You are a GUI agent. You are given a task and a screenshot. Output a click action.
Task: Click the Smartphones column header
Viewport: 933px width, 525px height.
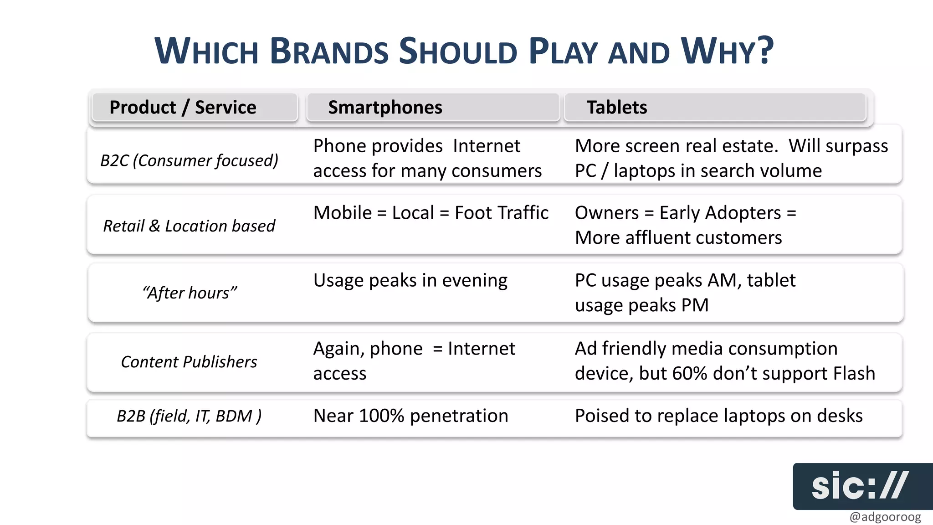385,108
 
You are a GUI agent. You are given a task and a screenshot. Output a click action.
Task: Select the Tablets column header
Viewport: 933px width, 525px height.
616,108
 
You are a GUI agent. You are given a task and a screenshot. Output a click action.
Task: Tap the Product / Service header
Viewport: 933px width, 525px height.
183,108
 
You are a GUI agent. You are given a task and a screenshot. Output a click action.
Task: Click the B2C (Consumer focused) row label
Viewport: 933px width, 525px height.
189,160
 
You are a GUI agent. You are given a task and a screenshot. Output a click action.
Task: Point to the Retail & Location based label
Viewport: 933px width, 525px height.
189,226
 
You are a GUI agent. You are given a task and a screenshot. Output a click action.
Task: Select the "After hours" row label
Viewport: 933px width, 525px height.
190,293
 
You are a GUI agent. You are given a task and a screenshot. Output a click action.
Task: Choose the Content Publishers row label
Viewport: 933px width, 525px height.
189,362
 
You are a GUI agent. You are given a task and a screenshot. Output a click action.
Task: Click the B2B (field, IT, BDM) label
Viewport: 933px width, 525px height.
189,416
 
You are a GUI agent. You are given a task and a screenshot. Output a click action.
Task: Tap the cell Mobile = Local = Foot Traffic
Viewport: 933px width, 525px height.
431,213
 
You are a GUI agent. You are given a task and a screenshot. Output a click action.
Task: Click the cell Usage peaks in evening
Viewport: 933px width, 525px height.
410,280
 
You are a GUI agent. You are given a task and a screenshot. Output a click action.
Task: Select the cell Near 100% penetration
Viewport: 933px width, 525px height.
410,416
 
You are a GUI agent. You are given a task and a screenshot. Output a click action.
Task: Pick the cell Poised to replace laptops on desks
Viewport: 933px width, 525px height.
718,416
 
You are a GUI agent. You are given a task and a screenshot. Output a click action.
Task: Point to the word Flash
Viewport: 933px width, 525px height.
854,373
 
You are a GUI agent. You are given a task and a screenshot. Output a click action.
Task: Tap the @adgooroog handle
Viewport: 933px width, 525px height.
885,517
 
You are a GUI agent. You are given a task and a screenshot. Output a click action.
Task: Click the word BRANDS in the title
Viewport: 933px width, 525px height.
329,51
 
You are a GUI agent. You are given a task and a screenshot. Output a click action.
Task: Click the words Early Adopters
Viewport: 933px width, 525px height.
720,213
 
